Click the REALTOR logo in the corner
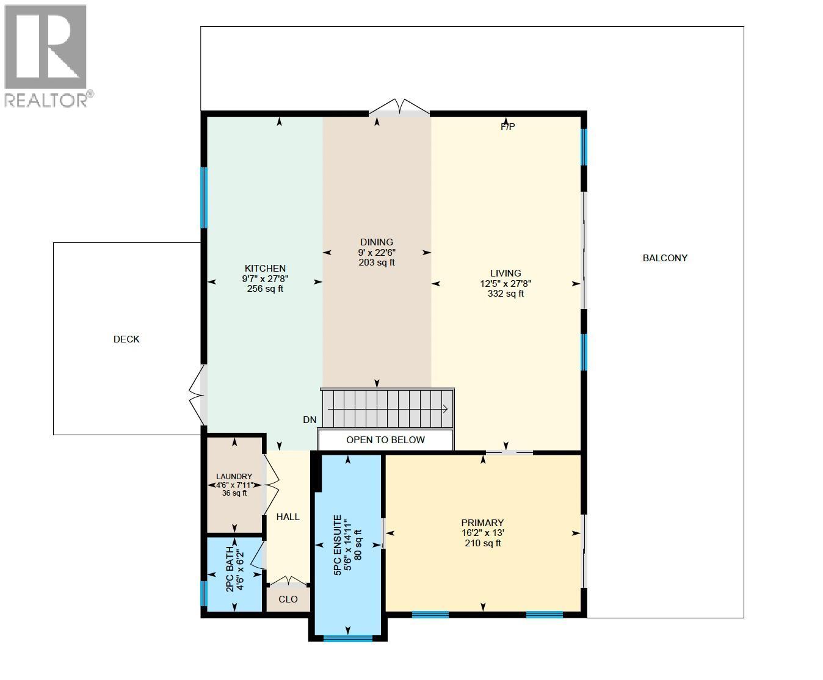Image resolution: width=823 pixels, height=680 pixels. pos(46,55)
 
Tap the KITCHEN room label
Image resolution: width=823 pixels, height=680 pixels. pos(265,269)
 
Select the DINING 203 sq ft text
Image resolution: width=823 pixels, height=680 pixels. pos(377,262)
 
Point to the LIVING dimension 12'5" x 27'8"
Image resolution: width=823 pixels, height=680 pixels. pos(506,284)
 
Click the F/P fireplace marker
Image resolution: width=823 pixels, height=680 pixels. pos(507,127)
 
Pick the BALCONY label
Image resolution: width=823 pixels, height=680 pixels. pos(665,258)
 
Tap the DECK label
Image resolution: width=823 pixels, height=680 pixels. pos(126,339)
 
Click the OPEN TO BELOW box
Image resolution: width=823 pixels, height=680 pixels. pos(385,440)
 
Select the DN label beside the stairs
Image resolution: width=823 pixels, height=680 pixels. pos(310,420)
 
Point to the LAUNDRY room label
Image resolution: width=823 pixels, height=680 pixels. pos(234,477)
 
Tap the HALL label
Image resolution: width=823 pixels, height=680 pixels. pos(288,517)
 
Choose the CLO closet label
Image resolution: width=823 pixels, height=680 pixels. pos(288,599)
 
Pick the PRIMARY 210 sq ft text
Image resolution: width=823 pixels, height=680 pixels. pos(482,543)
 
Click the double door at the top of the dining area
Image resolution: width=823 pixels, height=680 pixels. pos(399,109)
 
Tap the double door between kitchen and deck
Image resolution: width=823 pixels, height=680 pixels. pos(197,395)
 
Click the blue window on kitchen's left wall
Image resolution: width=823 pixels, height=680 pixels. pos(205,198)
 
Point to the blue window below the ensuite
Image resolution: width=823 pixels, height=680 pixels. pos(347,638)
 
